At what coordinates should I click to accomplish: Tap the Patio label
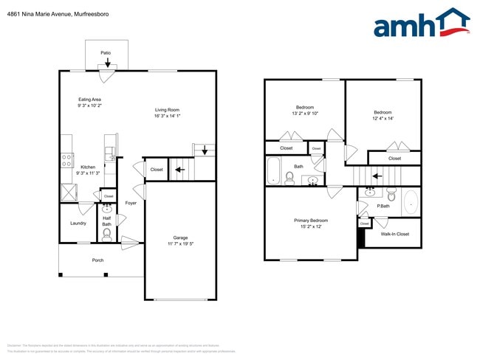[106, 52]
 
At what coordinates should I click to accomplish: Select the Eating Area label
[90, 100]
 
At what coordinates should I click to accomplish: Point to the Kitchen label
[88, 167]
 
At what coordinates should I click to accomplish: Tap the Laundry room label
[78, 223]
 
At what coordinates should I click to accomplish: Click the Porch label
[97, 260]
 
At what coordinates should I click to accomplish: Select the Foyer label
[131, 203]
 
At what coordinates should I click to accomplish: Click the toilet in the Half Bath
[107, 235]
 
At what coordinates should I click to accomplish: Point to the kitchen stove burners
[66, 159]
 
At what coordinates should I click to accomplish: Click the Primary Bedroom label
[311, 221]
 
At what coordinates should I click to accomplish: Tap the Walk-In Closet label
[394, 234]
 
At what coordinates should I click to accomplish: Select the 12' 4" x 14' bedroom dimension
[383, 118]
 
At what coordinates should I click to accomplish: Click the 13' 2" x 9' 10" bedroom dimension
[306, 113]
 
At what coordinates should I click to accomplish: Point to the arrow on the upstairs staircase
[377, 176]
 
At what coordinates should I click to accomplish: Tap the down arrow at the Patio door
[108, 63]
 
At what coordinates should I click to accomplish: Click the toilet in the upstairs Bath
[288, 177]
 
